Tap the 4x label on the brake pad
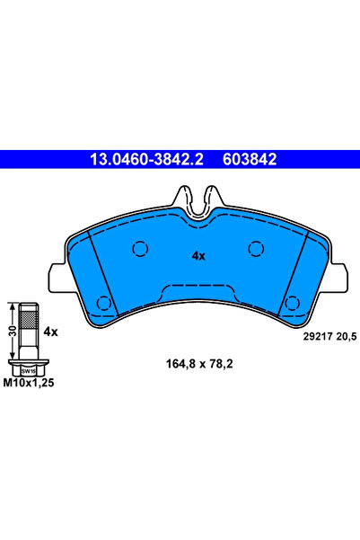(x=199, y=255)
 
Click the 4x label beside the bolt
(x=50, y=332)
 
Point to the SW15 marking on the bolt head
(x=28, y=369)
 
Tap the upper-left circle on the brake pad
(x=140, y=249)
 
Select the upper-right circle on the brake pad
(x=255, y=249)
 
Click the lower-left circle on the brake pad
(x=102, y=302)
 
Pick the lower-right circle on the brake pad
(x=293, y=302)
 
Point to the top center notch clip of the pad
(x=198, y=196)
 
